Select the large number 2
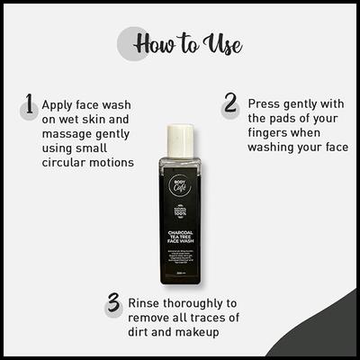point(230,106)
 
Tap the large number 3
point(112,302)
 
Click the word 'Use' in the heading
point(224,45)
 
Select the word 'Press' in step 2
point(266,103)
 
